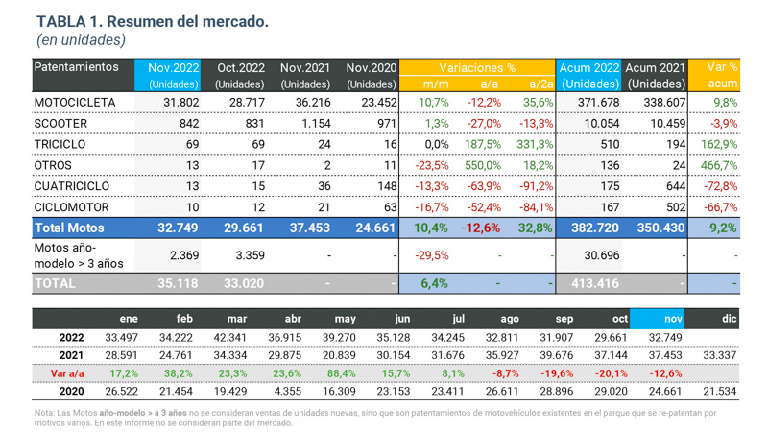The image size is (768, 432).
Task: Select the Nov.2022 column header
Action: pos(174,68)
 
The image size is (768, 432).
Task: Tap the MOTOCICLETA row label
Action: pos(75,102)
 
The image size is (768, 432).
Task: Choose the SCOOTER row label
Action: pos(60,123)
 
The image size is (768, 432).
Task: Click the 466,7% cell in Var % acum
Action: pos(719,165)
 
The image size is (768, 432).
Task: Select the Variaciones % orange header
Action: pos(478,68)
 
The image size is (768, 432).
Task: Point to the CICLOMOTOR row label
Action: pos(72,207)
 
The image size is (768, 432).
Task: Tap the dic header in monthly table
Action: pos(729,319)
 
